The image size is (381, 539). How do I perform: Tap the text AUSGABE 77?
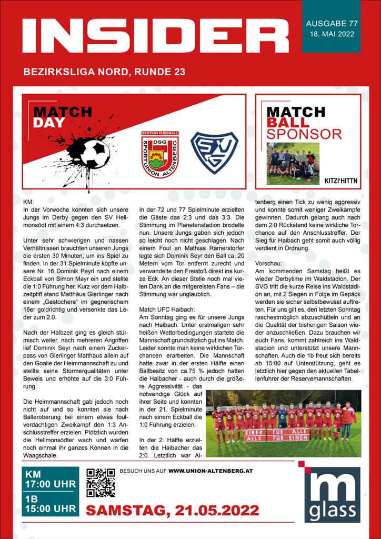pyautogui.click(x=332, y=24)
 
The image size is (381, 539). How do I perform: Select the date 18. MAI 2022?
pyautogui.click(x=332, y=35)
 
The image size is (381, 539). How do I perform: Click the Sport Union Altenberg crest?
pyautogui.click(x=160, y=154)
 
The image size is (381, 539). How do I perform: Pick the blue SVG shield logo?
pyautogui.click(x=214, y=153)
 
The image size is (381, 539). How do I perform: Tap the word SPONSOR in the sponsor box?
pyautogui.click(x=304, y=134)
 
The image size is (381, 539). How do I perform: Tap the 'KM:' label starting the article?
pyautogui.click(x=29, y=202)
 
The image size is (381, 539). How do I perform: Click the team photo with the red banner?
pyautogui.click(x=283, y=423)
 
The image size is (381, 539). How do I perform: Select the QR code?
pyautogui.click(x=101, y=483)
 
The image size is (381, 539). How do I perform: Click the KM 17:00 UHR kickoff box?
pyautogui.click(x=51, y=478)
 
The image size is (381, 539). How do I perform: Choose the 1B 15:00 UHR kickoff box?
pyautogui.click(x=51, y=503)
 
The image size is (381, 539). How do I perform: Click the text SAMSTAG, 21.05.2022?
pyautogui.click(x=172, y=510)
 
